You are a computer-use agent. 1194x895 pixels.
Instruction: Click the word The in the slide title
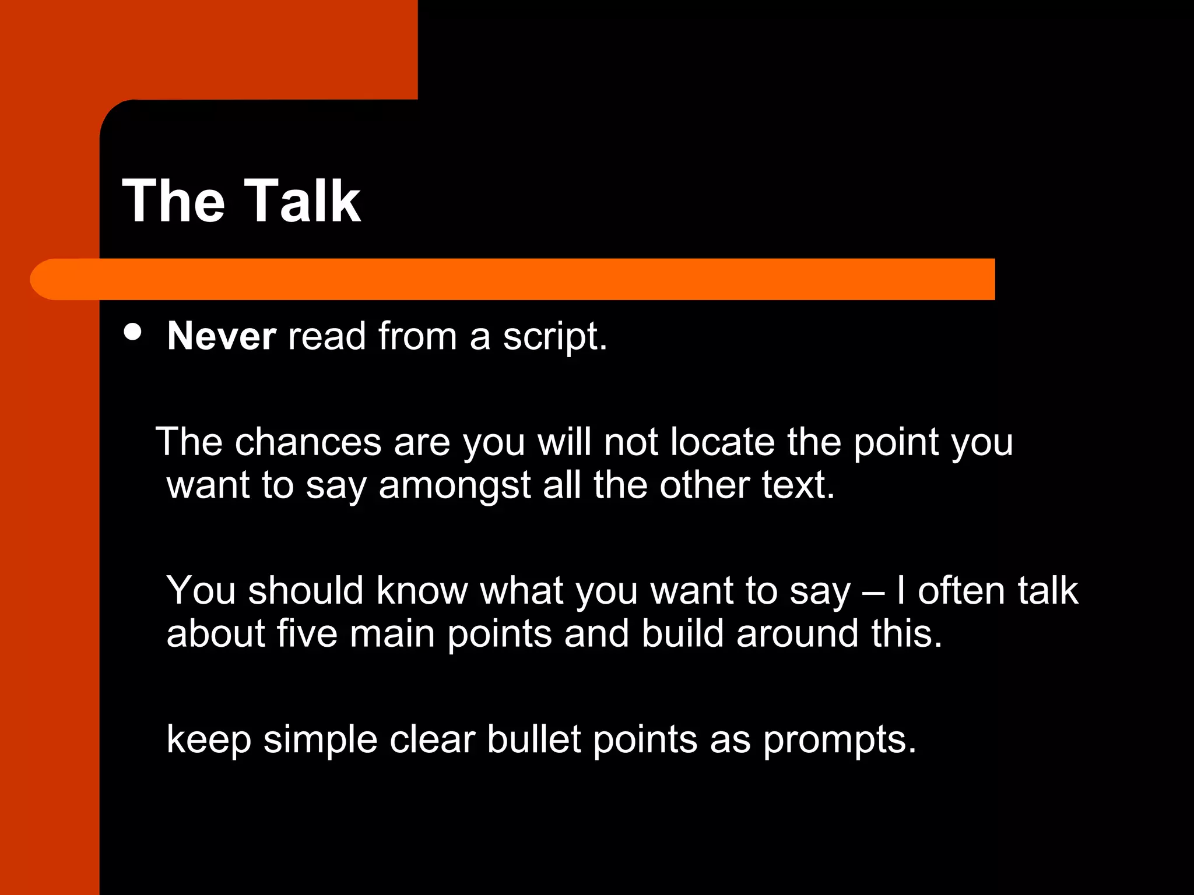173,201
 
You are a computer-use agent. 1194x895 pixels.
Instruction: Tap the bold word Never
222,336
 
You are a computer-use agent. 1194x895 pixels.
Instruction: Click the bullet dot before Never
133,332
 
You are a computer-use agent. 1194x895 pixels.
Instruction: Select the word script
554,337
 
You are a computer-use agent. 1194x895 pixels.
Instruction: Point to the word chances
308,442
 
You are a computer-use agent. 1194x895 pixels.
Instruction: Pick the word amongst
455,485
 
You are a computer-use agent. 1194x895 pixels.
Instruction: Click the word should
306,590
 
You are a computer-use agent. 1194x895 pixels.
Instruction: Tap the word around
798,633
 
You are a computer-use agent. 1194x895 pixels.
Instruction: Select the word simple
321,740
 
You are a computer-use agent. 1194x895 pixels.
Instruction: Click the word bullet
534,740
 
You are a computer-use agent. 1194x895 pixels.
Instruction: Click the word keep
209,740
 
